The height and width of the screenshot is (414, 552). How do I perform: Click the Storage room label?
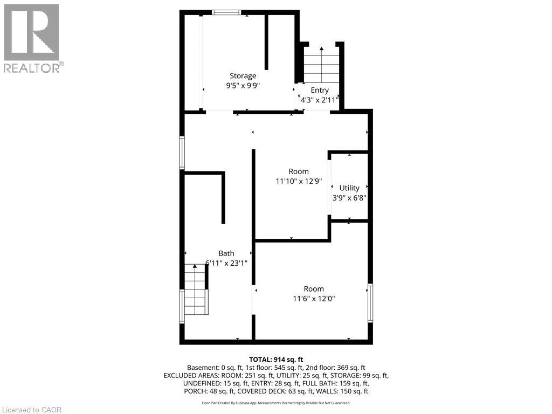pos(243,76)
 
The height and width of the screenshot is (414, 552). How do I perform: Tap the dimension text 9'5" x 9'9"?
pos(243,85)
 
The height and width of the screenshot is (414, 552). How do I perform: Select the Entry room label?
pos(319,91)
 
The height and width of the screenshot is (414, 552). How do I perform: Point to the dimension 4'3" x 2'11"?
pos(319,100)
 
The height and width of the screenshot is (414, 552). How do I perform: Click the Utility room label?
pos(349,188)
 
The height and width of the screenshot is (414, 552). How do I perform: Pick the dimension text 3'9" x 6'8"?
pos(349,197)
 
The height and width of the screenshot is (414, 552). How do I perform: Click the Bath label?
pos(226,253)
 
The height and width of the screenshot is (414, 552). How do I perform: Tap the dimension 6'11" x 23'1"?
pos(226,263)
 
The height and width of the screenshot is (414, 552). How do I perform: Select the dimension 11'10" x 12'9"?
pos(299,182)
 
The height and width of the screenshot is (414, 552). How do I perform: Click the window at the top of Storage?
pos(222,12)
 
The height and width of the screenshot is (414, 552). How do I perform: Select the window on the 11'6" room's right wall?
pos(370,303)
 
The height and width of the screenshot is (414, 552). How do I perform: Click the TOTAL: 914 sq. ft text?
pos(276,360)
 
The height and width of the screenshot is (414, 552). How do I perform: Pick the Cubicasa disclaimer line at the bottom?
pos(276,403)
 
